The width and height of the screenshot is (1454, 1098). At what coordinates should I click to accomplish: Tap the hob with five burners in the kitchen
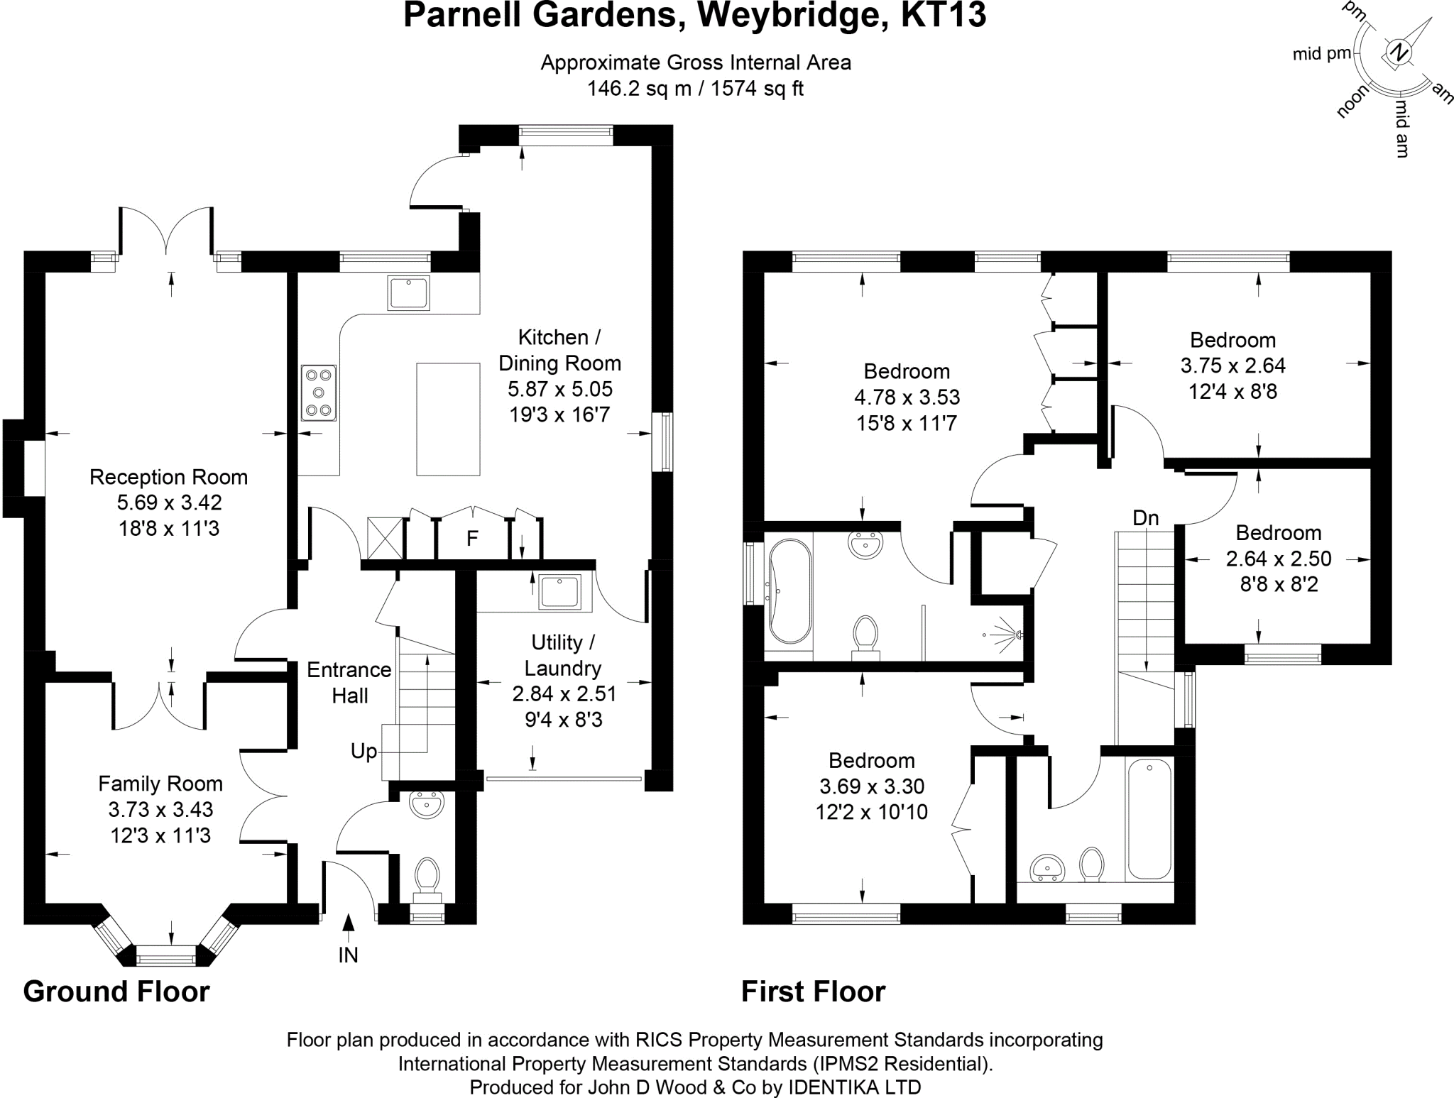(x=318, y=392)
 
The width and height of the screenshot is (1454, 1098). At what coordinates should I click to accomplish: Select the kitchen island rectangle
(x=448, y=419)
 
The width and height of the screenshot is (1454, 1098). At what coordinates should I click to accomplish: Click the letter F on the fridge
(x=472, y=539)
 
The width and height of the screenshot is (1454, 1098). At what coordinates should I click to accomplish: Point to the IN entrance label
(x=348, y=955)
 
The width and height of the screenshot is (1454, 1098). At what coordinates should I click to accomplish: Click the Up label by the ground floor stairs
(x=363, y=751)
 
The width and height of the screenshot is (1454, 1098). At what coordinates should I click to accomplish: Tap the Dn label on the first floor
(x=1146, y=518)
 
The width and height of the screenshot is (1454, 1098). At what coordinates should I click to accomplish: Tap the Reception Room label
(x=168, y=477)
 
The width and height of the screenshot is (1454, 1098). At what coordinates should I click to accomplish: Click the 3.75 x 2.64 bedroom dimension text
(x=1233, y=366)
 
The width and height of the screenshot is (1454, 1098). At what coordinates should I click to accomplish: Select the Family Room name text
(x=160, y=784)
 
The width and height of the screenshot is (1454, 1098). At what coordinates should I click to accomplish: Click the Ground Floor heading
(x=116, y=992)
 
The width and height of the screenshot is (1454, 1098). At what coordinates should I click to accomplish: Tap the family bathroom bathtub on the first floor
(x=1149, y=818)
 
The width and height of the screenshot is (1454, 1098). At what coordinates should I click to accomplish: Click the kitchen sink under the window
(x=408, y=293)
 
